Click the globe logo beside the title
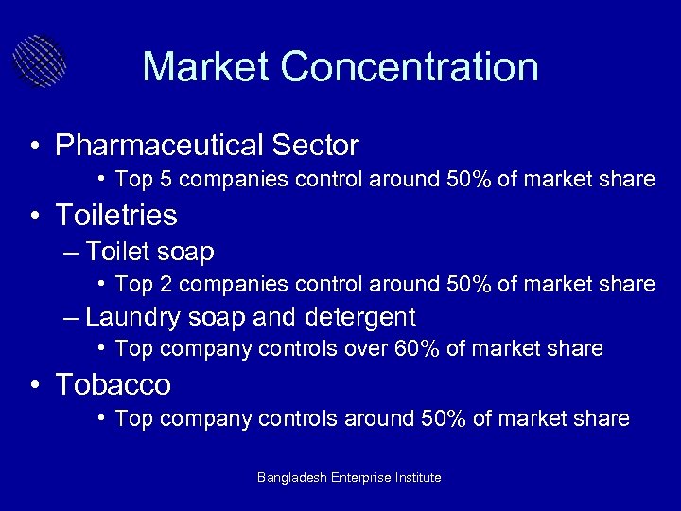[40, 62]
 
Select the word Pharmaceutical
[160, 146]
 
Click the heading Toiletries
[116, 216]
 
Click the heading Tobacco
[113, 384]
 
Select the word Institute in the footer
[412, 478]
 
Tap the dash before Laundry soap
[72, 316]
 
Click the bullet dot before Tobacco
[34, 386]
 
